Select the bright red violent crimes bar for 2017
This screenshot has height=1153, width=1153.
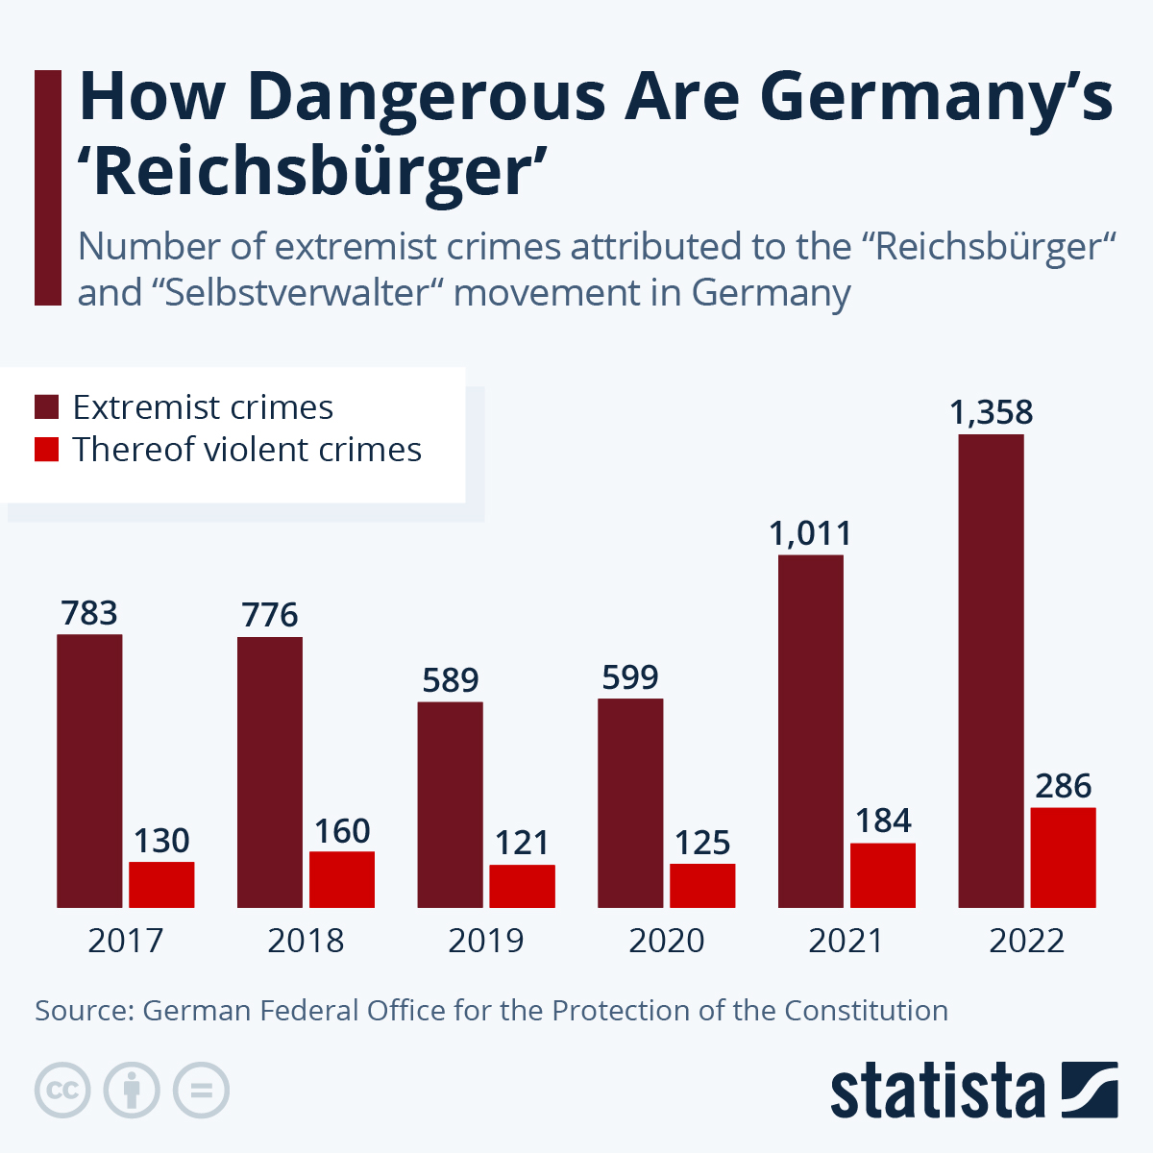[161, 884]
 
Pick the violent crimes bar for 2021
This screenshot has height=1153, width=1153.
[882, 874]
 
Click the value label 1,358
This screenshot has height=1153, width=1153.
[991, 412]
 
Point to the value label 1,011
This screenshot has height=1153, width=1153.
[810, 533]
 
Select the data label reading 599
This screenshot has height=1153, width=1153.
[630, 677]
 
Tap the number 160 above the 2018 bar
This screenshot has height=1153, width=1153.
[342, 830]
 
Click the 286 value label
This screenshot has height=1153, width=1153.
[1063, 786]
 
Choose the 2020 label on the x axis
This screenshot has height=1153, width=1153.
[666, 940]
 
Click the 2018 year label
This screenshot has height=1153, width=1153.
[306, 940]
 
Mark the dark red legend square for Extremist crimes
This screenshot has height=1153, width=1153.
[47, 406]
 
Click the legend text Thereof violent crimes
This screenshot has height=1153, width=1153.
[247, 450]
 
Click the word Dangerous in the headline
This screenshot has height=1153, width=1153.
[427, 96]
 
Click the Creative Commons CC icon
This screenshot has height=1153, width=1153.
[62, 1091]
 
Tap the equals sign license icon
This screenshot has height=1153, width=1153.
[201, 1091]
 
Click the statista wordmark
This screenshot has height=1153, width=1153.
[937, 1092]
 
